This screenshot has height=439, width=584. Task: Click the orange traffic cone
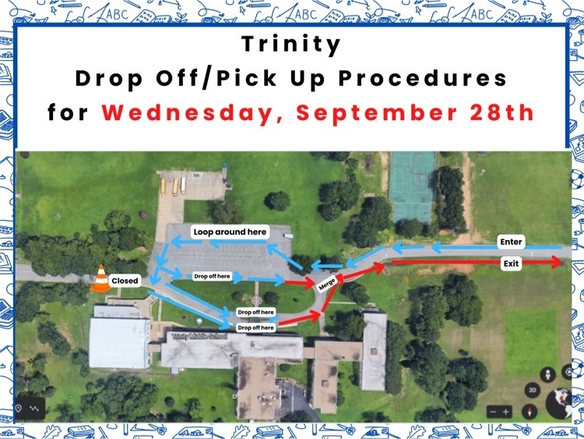click(x=101, y=278)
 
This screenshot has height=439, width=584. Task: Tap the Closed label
click(x=125, y=281)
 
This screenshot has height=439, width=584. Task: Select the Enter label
click(x=511, y=242)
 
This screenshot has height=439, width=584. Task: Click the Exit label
click(x=511, y=264)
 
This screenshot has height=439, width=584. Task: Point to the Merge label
click(x=326, y=284)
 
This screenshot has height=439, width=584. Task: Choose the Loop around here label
click(x=230, y=232)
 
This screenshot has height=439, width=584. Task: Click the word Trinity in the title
click(x=291, y=44)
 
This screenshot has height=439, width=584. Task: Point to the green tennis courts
click(x=412, y=186)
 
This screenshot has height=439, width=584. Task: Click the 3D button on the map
click(x=533, y=390)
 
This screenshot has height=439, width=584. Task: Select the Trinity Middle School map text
click(x=199, y=336)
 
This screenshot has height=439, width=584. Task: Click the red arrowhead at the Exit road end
click(x=557, y=262)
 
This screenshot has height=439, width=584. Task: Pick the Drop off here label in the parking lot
click(x=213, y=276)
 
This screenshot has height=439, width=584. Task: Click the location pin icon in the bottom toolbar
click(x=19, y=408)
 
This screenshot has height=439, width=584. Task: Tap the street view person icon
click(x=548, y=374)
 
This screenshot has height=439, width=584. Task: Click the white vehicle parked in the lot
click(x=288, y=235)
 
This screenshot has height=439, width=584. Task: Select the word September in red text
click(x=377, y=113)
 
